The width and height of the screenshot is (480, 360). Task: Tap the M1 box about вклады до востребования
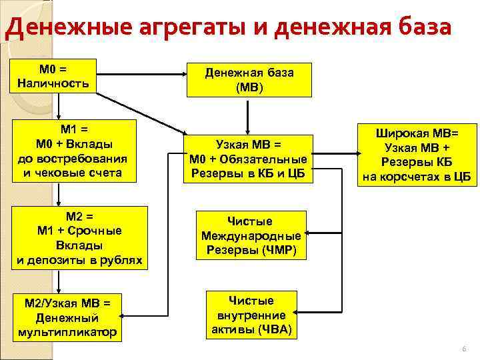coord(73,151)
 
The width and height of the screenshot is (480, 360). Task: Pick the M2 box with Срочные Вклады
coord(79,238)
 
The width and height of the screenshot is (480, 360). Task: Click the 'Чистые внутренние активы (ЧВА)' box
coord(251,315)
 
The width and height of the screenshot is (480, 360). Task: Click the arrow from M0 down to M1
coord(59,107)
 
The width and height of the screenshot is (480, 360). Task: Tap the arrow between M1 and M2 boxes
coord(59,194)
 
